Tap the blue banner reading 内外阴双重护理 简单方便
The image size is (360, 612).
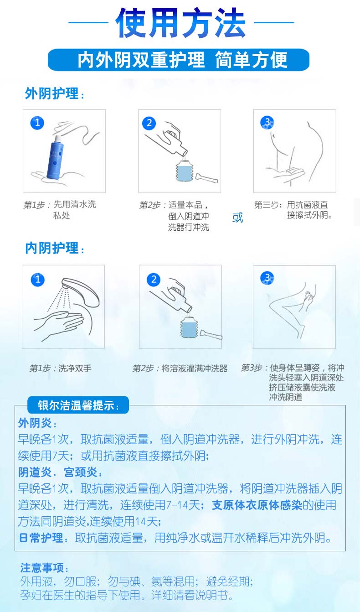tap(179, 60)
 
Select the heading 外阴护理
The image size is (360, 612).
tap(54, 93)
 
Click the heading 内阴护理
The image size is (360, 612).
tap(54, 248)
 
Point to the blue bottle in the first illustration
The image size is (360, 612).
tap(56, 157)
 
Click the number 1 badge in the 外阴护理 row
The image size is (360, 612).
tap(37, 122)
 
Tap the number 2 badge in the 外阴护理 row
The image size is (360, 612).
tap(149, 123)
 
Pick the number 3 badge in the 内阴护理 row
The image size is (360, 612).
tap(267, 278)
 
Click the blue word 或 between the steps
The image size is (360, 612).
tap(237, 218)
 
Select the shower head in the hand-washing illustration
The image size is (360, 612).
tap(81, 292)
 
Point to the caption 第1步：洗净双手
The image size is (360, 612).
tap(60, 368)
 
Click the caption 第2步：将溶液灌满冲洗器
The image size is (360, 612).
tap(180, 368)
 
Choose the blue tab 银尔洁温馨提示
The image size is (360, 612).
tap(78, 405)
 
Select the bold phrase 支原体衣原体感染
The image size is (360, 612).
tap(257, 505)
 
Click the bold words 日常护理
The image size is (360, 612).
tap(41, 538)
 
